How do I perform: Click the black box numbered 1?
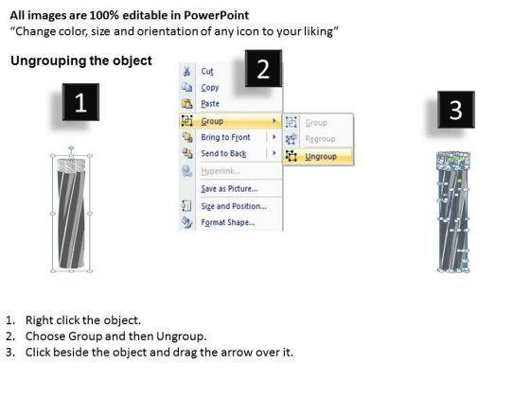[80, 102]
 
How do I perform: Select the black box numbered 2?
[263, 68]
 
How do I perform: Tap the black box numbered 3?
[456, 110]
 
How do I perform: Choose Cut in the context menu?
[207, 71]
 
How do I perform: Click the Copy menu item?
[210, 87]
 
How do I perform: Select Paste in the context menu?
[210, 104]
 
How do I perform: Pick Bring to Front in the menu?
[225, 137]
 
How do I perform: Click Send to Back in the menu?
[223, 153]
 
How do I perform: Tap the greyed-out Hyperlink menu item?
[221, 171]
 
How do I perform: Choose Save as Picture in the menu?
[229, 189]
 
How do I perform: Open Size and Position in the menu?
[234, 206]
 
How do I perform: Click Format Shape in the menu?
[228, 222]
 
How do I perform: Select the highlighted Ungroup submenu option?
[321, 156]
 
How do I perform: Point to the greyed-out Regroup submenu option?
[320, 139]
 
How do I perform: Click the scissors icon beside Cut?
[186, 71]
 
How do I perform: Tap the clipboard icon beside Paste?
[187, 104]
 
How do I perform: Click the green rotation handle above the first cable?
[71, 147]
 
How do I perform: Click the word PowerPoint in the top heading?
[217, 15]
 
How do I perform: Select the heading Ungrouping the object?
[81, 60]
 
